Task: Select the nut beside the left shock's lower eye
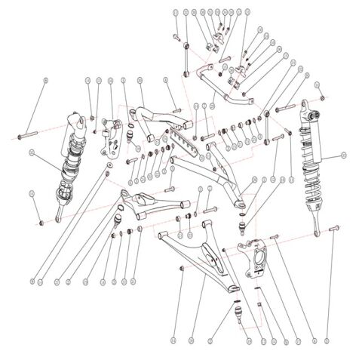pos(38,222)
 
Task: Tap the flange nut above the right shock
pos(322,99)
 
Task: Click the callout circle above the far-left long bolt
pos(46,79)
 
